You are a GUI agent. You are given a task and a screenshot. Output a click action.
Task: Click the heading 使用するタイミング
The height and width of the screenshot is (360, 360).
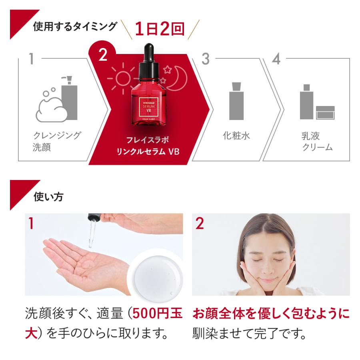click(x=75, y=26)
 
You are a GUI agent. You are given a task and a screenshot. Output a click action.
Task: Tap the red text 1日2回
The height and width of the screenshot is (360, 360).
click(x=160, y=29)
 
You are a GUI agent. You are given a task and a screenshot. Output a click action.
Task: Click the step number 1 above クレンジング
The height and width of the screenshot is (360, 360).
click(x=31, y=59)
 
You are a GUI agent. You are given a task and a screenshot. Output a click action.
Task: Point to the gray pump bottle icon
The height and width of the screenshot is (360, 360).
click(x=69, y=100)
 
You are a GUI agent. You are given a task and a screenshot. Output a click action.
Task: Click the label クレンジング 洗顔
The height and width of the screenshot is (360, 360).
click(x=56, y=141)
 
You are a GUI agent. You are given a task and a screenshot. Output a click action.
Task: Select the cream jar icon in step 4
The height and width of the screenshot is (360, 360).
click(x=325, y=112)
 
